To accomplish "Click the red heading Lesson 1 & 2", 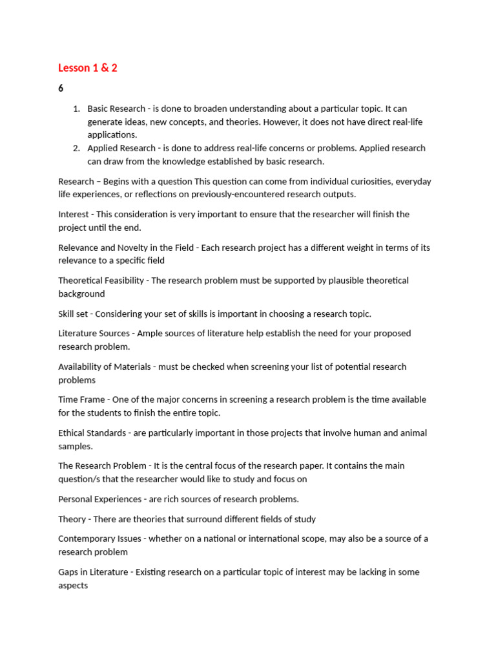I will pos(88,68).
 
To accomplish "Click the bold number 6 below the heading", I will pos(61,89).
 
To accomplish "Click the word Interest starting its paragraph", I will pos(74,214).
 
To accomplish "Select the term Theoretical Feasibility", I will pos(101,281).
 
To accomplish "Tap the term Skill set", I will pos(75,314).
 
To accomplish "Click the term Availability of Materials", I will pos(104,367).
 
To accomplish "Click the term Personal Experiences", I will pos(99,499).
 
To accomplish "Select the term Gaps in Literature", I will pos(91,572).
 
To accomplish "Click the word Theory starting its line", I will pos(72,519).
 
